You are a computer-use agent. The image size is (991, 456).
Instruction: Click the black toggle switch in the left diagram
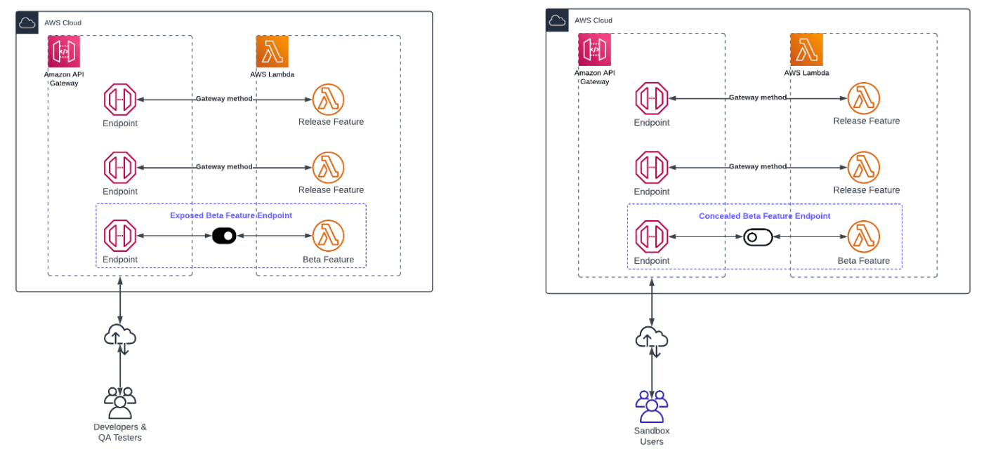point(224,236)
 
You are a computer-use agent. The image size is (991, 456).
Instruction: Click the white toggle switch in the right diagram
point(758,237)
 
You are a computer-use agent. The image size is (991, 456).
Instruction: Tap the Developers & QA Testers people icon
point(120,403)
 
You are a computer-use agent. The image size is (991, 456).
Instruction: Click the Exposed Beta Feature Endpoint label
point(231,215)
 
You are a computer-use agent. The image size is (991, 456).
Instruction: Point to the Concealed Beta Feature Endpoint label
point(764,216)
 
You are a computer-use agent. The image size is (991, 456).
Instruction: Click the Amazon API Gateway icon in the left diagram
point(64,52)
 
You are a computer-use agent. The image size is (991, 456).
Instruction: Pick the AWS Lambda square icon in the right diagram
point(806,50)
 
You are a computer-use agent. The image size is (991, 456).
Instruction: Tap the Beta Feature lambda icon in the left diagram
point(328,236)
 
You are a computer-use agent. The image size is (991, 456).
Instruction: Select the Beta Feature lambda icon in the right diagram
point(863,237)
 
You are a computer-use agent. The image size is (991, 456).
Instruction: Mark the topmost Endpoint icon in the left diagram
point(120,100)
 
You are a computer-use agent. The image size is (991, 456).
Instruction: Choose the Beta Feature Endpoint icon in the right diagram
point(652,237)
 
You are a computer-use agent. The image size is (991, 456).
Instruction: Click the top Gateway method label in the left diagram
point(224,99)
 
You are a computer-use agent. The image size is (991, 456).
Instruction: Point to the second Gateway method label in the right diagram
point(757,167)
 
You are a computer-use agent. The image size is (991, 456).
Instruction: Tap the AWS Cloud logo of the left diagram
point(27,22)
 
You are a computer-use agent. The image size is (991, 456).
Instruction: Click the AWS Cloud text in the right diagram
point(593,20)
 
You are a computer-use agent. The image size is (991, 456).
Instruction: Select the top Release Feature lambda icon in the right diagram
point(863,99)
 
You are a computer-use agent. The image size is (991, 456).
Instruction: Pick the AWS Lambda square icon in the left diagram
point(273,52)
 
